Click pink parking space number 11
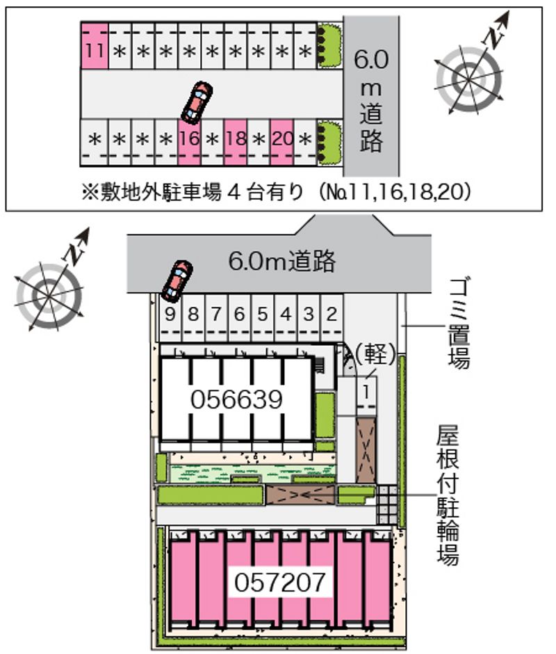[x=95, y=49]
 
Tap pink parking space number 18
[x=236, y=139]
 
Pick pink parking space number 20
[x=281, y=139]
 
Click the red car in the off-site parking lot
[x=197, y=102]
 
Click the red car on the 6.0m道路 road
[x=177, y=279]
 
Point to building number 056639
[x=236, y=399]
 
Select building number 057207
[x=280, y=581]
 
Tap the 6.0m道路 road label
[x=282, y=262]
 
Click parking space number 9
[x=170, y=314]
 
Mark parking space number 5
[x=262, y=314]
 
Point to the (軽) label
[x=375, y=354]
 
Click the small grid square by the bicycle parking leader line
[x=386, y=504]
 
